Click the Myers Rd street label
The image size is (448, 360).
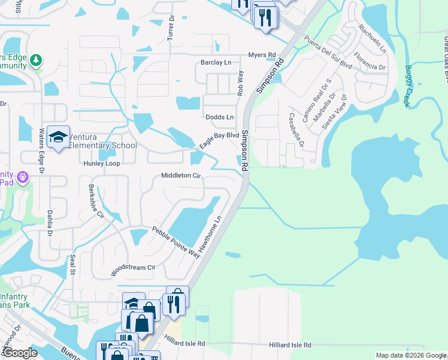[263, 55]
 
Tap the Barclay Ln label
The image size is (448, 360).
[216, 62]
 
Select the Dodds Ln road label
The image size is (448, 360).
[219, 117]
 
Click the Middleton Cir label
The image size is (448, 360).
[180, 176]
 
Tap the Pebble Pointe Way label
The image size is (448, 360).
[175, 242]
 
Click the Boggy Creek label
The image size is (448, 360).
[406, 86]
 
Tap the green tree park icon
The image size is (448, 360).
[37, 60]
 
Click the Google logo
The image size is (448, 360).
[19, 353]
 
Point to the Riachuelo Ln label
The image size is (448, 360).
[372, 38]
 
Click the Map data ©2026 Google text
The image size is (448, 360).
[410, 355]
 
